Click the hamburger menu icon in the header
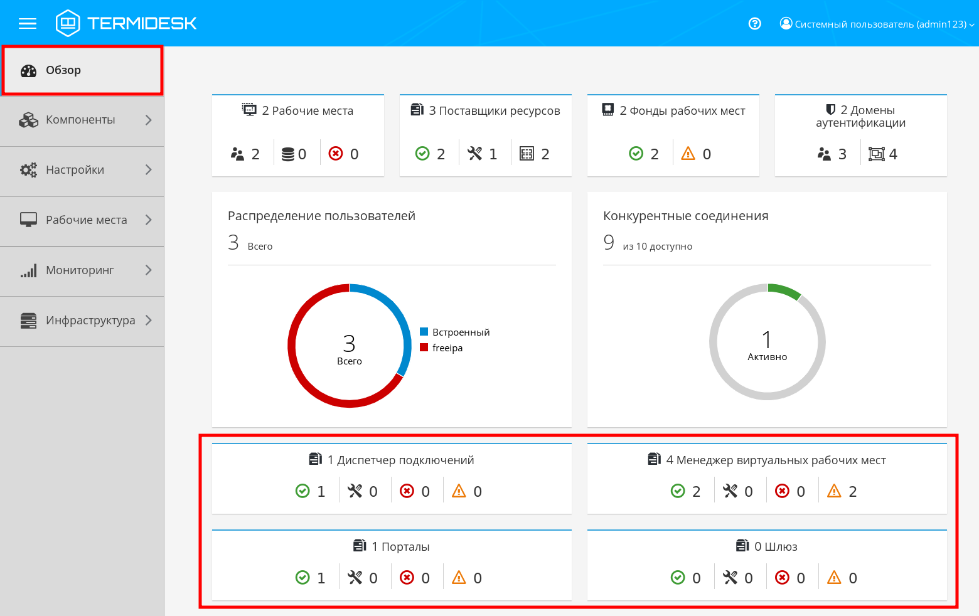tap(28, 24)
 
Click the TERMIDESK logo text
tap(142, 24)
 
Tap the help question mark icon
tap(755, 24)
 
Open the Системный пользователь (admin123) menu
tap(877, 24)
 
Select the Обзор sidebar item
tap(63, 70)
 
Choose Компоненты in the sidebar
tap(80, 120)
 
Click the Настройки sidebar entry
tap(75, 170)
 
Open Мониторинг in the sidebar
tap(80, 270)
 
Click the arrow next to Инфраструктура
tap(149, 321)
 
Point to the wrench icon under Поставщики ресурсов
tap(475, 154)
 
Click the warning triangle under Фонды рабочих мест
tap(688, 154)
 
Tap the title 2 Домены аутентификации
tap(860, 117)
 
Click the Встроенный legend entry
tap(461, 332)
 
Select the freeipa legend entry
tap(447, 348)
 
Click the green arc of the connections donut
tap(785, 290)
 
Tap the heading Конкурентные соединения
tap(685, 216)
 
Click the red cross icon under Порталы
tap(407, 578)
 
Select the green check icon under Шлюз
tap(678, 578)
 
